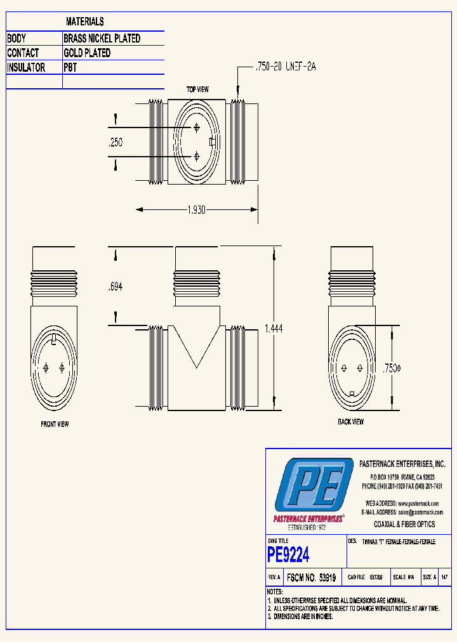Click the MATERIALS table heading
pos(85,22)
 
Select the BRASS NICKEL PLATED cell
pos(102,39)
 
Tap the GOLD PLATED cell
pos(87,53)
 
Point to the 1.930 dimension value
pos(195,210)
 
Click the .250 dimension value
pos(115,143)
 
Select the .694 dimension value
pos(115,287)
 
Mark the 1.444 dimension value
pos(273,329)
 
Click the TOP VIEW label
pos(197,89)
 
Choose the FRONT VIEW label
pos(55,424)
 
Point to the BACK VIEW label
pos(350,422)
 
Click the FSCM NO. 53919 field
pos(311,578)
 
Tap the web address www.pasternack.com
pos(419,503)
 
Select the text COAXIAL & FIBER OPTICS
pos(404,525)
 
